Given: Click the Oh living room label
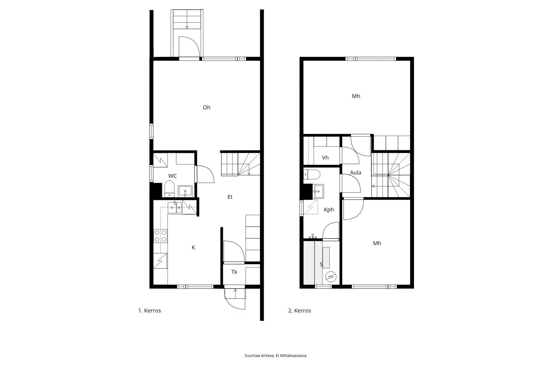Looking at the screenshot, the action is click(x=207, y=107).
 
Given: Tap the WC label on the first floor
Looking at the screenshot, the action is click(x=172, y=176).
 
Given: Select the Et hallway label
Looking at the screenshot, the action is click(x=230, y=197).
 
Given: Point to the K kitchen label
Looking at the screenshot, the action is click(x=194, y=248).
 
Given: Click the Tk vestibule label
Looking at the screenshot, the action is click(x=234, y=272).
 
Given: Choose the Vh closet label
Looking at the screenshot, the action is click(x=325, y=158).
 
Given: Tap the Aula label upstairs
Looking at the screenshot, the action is click(x=356, y=173).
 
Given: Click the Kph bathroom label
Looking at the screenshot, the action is click(x=329, y=210).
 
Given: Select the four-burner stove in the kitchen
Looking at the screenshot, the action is click(x=160, y=236).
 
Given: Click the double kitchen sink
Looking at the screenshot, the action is click(x=175, y=207).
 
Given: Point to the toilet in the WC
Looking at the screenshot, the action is click(x=169, y=189).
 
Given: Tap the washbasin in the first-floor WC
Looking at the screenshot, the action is click(x=185, y=191).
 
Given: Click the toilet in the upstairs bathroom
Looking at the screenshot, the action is click(x=312, y=174).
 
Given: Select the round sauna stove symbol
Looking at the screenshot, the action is click(x=331, y=277).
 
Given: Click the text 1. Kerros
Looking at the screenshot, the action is click(x=150, y=311).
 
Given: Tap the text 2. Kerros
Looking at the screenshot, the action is click(x=300, y=311).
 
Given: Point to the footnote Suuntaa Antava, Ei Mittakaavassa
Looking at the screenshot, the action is click(x=276, y=356).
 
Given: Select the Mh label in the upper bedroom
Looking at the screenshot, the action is click(x=356, y=96).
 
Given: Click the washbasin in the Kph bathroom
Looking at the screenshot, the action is click(x=318, y=191).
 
